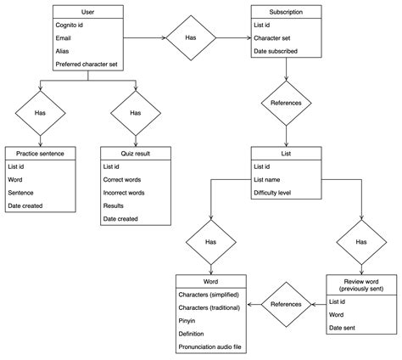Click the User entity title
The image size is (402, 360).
87,12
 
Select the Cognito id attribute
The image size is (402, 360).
70,25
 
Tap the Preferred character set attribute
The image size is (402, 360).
87,65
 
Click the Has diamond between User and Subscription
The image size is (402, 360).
191,37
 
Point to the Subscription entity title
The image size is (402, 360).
286,12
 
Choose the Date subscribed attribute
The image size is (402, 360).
276,51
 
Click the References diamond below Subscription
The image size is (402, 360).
286,103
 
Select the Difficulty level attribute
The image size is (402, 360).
272,193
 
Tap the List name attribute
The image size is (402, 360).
267,180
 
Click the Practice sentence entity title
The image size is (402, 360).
40,154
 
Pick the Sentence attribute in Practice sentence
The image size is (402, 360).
20,193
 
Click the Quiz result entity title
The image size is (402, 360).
136,154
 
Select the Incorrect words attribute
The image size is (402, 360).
124,193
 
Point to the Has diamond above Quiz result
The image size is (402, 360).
136,113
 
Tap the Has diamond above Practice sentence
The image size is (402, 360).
40,113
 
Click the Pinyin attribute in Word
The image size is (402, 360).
187,321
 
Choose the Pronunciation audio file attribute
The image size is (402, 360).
209,346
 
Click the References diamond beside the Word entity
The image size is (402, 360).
286,305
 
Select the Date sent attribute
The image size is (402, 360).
342,328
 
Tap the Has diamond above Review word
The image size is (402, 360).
361,242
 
